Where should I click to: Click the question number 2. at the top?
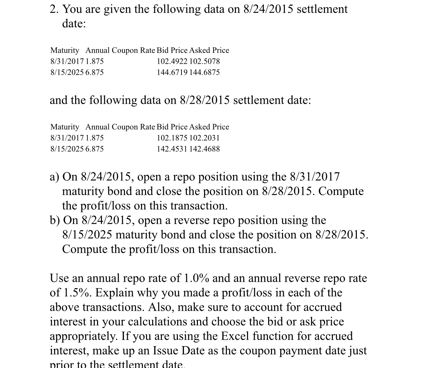(x=54, y=9)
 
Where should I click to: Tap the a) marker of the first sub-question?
(x=54, y=177)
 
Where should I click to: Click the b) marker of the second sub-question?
(x=55, y=220)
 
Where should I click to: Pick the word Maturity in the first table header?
(x=65, y=50)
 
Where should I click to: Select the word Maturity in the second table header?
(x=65, y=127)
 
